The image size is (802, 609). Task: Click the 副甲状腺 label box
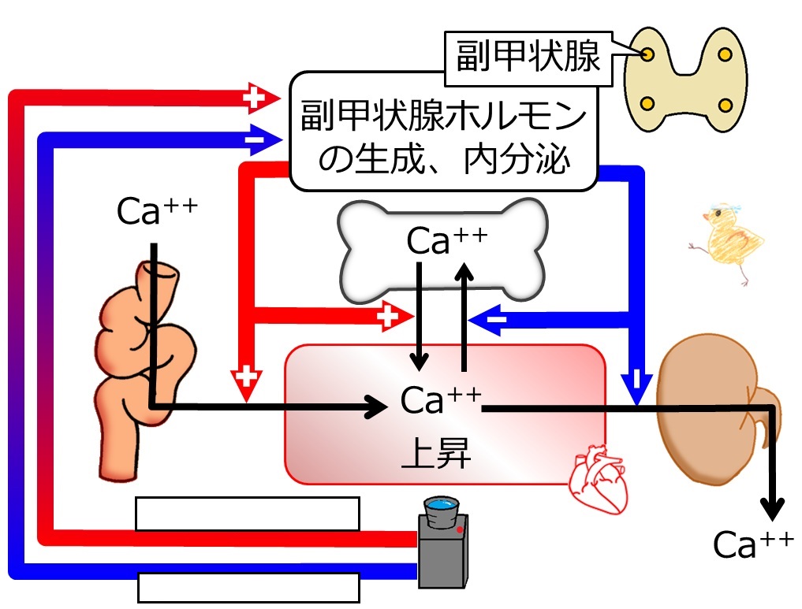[x=528, y=58]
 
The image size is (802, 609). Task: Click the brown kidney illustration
[x=716, y=409]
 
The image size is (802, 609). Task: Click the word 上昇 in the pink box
[x=436, y=453]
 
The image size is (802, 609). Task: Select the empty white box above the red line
[x=248, y=514]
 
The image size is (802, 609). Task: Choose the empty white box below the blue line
[x=248, y=588]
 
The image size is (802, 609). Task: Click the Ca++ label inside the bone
[x=446, y=240]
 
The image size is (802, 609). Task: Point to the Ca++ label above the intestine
[x=156, y=210]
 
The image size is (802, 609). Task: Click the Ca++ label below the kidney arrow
[x=753, y=544]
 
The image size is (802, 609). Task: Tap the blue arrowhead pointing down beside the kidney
[x=636, y=386]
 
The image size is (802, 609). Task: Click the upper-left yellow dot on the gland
[x=647, y=54]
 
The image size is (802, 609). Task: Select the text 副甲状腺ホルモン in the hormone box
[x=443, y=116]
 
